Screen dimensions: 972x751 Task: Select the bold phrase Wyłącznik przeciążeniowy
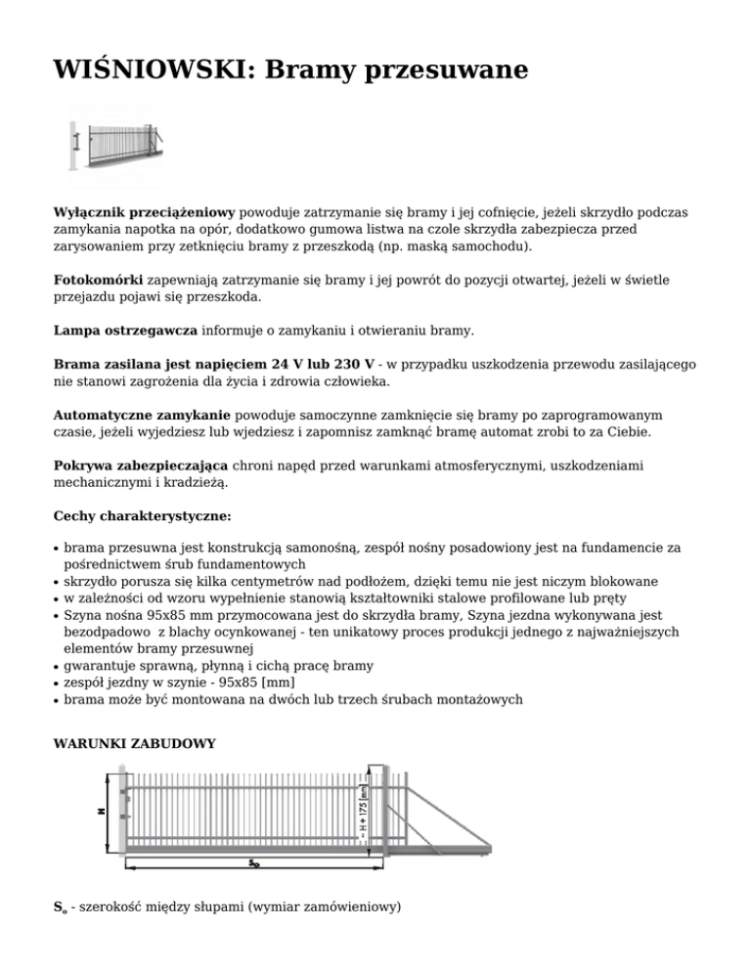pos(144,211)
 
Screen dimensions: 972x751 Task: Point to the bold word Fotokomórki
pos(97,280)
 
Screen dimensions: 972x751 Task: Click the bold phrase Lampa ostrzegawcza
pos(126,331)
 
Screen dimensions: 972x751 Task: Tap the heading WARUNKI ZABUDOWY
pos(134,744)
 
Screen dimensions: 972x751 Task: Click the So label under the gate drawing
pos(253,862)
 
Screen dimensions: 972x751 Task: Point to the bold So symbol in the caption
pos(60,908)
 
